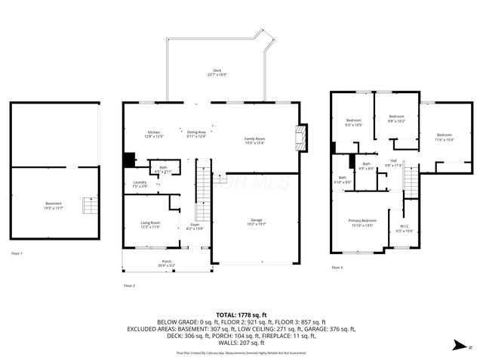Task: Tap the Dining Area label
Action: (x=196, y=132)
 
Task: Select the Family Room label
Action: (x=254, y=138)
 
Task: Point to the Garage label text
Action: (x=257, y=220)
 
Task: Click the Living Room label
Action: (x=150, y=222)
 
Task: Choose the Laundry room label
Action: (x=139, y=181)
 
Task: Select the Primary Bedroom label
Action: (x=361, y=221)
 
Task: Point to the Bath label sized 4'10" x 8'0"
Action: (x=343, y=178)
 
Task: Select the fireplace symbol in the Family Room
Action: (x=302, y=137)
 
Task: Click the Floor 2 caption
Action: (x=129, y=285)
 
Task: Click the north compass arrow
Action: (x=460, y=345)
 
